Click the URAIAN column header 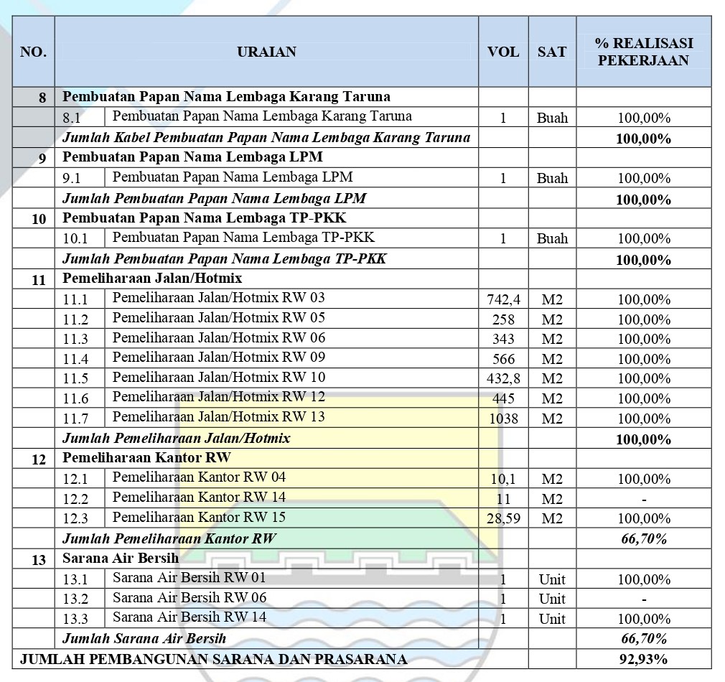(x=266, y=52)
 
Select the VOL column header (x=503, y=52)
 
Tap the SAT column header (x=552, y=52)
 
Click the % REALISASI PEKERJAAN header (x=643, y=52)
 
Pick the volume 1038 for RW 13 (x=503, y=419)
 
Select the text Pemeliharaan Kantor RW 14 (x=199, y=497)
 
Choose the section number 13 (x=39, y=559)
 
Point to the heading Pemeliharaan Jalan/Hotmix (x=152, y=278)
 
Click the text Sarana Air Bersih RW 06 (x=190, y=597)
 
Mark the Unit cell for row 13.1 (x=552, y=579)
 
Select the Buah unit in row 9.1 (x=552, y=178)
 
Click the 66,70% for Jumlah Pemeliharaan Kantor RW (x=643, y=538)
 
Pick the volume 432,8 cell (x=503, y=378)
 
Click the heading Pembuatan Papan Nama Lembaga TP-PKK (x=205, y=218)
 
